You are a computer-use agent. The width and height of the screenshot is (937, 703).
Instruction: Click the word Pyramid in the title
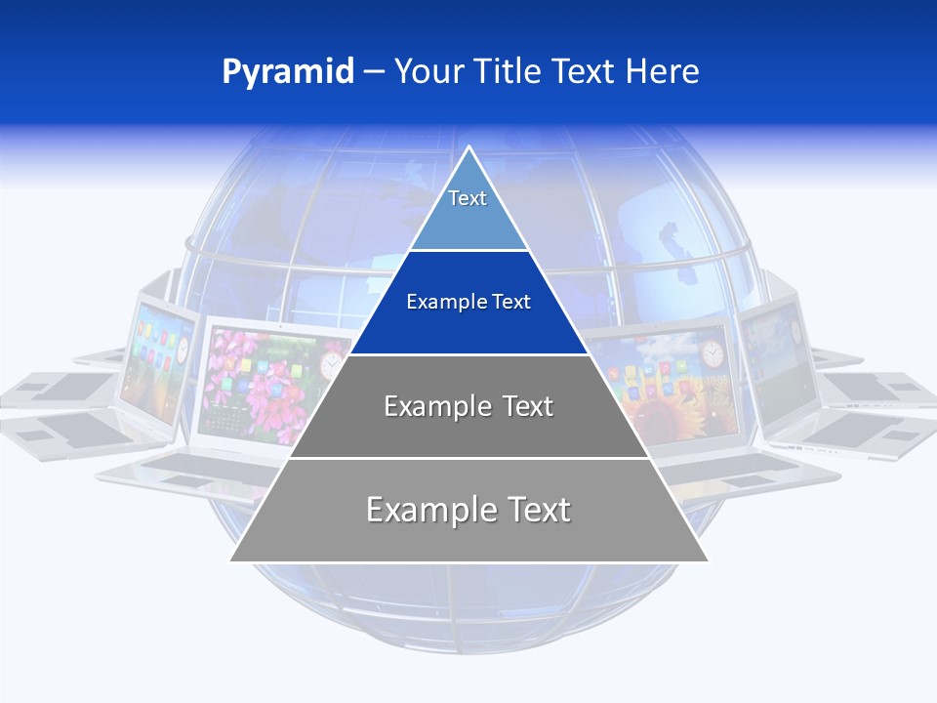tap(288, 71)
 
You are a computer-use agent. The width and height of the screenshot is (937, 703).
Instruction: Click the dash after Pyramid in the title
tap(374, 72)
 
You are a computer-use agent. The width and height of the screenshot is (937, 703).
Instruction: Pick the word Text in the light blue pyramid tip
tap(468, 198)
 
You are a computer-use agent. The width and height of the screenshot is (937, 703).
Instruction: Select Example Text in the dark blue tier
tap(468, 302)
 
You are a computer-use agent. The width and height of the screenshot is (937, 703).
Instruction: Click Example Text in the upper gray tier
tap(468, 406)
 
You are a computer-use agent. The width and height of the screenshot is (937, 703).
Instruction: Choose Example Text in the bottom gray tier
tap(468, 510)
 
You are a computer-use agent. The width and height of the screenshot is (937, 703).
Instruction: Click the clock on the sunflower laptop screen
tap(712, 353)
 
